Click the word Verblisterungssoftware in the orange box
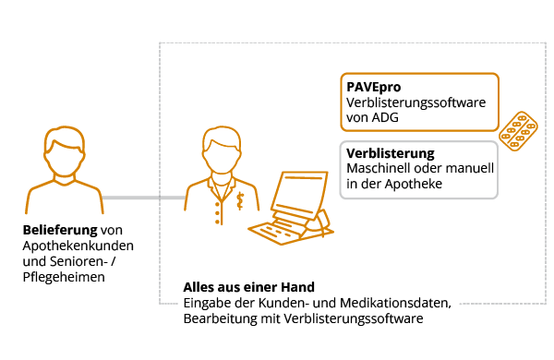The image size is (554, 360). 415,102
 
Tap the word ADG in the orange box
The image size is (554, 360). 380,118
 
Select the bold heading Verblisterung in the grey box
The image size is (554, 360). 390,152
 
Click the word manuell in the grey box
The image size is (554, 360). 472,168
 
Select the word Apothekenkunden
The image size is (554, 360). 78,246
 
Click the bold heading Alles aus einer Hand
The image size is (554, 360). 248,287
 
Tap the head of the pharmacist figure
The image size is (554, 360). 221,147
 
